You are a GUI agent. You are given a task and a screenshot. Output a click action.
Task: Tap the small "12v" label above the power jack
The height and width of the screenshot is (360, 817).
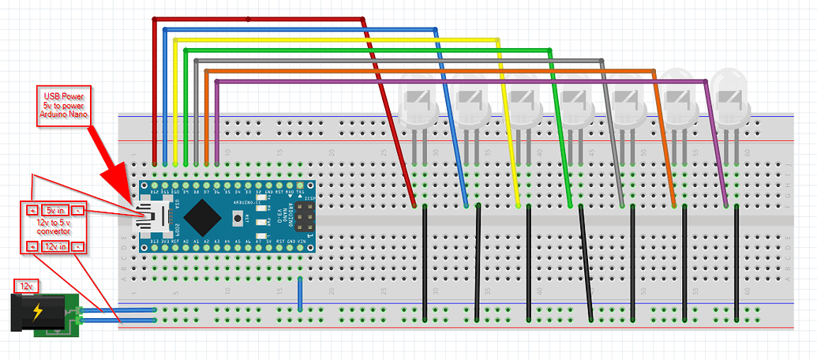pos(28,283)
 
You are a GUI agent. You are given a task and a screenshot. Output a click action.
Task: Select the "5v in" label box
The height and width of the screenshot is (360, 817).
pos(54,211)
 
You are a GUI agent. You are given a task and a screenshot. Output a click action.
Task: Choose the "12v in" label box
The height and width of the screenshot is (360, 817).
pos(54,246)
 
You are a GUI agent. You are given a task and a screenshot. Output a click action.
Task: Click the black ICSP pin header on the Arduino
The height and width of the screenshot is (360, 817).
pos(303,214)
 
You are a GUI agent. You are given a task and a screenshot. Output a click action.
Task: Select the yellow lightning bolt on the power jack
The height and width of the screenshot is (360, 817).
pos(36,313)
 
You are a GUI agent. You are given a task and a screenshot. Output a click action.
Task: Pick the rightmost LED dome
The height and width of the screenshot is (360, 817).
pos(729,95)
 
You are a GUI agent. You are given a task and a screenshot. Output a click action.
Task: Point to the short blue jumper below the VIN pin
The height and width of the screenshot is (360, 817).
pos(300,294)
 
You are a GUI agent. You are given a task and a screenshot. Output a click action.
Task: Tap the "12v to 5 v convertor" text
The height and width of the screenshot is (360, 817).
pos(54,229)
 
